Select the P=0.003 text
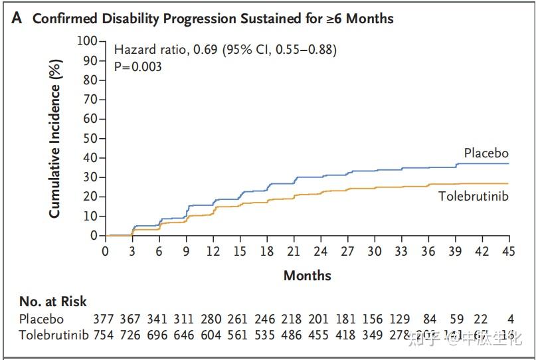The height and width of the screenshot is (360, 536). pos(138,66)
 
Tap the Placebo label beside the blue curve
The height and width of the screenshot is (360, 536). pos(486,153)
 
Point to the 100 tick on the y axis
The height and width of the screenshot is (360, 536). pos(88,41)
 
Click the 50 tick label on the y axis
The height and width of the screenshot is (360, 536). pos(91,138)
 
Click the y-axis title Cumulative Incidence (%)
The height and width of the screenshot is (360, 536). pos(56,138)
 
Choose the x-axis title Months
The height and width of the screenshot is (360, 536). pos(308,275)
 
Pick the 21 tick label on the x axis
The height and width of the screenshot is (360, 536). pos(294,251)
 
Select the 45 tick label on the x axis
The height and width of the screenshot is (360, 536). pos(509,251)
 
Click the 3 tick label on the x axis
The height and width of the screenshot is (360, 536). pos(132,251)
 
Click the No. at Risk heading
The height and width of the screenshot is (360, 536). pos(53,302)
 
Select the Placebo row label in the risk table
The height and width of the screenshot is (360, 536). pos(42,319)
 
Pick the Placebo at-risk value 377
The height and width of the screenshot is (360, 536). pos(106,319)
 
